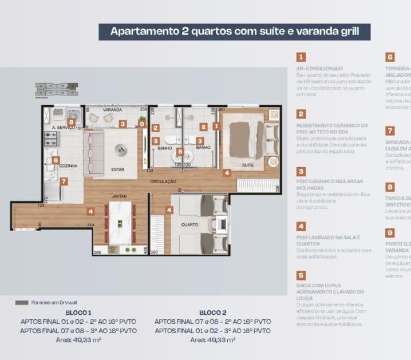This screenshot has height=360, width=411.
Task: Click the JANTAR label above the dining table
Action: (118, 196)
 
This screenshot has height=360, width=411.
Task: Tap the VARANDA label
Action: (112, 109)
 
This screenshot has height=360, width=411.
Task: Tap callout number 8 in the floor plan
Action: (71, 122)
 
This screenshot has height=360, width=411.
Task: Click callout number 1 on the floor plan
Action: (216, 126)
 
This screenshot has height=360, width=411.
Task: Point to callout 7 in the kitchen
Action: (64, 181)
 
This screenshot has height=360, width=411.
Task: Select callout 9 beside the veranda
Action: (142, 124)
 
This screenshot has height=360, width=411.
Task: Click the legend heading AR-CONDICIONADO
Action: (319, 68)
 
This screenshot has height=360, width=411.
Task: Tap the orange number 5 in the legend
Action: (301, 276)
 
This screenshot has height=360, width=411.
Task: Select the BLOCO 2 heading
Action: (213, 312)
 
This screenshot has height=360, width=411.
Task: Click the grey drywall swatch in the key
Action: (22, 303)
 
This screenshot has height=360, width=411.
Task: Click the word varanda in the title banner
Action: (319, 31)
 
